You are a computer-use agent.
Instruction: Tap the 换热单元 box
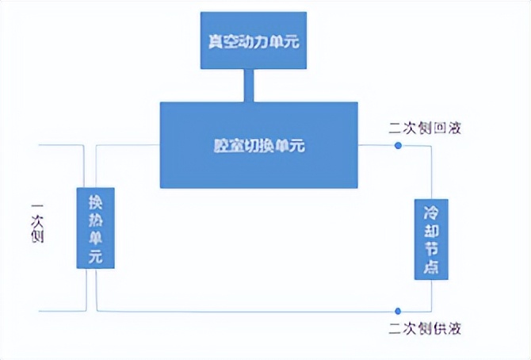[x=96, y=227]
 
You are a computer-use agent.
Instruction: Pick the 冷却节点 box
[x=431, y=238]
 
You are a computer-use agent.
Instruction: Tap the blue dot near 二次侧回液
[x=398, y=145]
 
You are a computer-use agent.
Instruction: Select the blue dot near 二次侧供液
[x=398, y=310]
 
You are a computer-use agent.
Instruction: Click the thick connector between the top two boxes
[x=249, y=85]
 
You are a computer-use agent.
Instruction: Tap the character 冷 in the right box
[x=431, y=213]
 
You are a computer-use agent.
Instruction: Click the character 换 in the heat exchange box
[x=96, y=201]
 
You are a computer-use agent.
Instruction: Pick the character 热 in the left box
[x=96, y=219]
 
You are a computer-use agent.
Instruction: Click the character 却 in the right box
[x=431, y=230]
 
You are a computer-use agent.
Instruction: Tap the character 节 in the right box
[x=431, y=247]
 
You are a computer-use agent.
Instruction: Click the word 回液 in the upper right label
[x=445, y=128]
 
